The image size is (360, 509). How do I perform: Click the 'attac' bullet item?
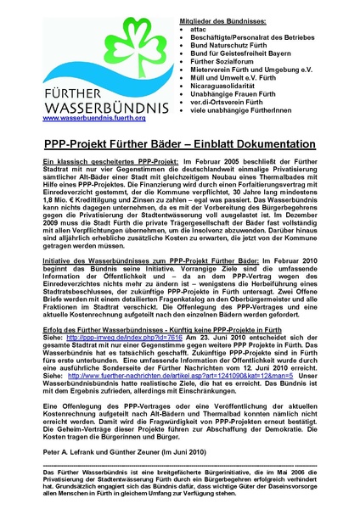(202, 29)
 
